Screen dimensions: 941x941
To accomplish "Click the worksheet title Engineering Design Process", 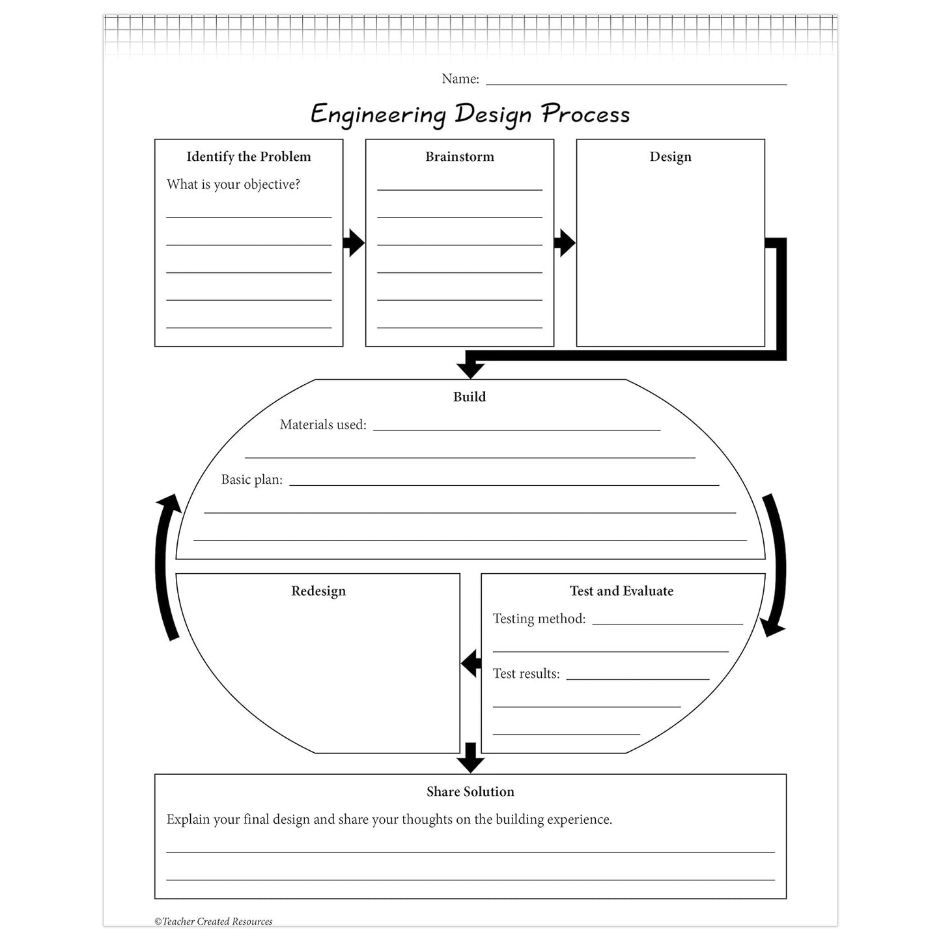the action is tap(470, 114).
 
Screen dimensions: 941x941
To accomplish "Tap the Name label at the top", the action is tap(460, 79).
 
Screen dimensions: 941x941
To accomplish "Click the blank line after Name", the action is tap(636, 85).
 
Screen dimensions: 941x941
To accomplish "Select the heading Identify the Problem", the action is tap(249, 157).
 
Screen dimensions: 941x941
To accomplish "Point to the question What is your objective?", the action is tap(233, 184).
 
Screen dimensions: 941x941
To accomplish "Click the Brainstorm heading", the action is tap(460, 157).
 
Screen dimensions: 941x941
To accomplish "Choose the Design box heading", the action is tap(670, 157).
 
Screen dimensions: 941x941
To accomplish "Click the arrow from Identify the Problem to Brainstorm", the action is tap(354, 243).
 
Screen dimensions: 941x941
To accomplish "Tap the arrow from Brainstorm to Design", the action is tap(565, 243).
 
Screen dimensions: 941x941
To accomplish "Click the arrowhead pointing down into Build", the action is tap(470, 370).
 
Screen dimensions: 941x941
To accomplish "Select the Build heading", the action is tap(470, 397).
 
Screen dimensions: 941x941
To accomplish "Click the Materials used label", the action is tap(323, 425).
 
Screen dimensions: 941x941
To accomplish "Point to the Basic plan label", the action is tap(251, 479).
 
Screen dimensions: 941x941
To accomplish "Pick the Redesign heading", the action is tap(318, 591).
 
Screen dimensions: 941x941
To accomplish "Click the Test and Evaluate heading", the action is tap(621, 591).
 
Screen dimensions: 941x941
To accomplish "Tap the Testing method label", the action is tap(539, 619).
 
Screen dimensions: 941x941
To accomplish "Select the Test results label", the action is tap(526, 673).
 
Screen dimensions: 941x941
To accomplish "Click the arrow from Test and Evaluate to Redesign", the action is tap(471, 663).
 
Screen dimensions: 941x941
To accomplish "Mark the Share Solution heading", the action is tap(470, 792).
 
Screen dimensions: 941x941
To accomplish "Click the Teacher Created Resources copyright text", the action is tap(214, 921).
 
